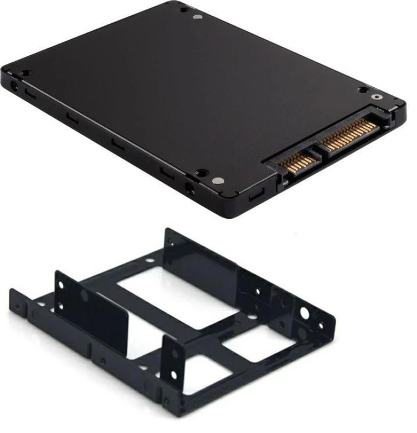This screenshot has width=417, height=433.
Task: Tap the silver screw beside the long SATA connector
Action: pos(376,97)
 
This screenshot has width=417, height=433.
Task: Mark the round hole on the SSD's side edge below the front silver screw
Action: pos(190,189)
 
